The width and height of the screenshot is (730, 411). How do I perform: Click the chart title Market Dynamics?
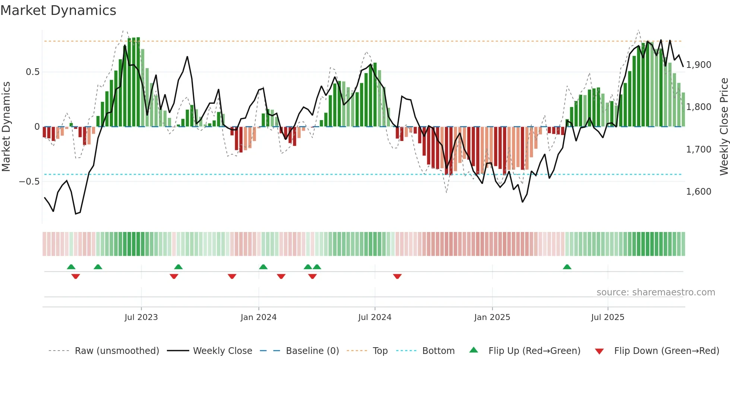coord(58,10)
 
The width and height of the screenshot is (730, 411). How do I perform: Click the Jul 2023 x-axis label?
coord(141,317)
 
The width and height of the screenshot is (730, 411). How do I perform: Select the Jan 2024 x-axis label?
coord(258,317)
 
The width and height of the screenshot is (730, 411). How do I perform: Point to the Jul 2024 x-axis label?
coord(375,317)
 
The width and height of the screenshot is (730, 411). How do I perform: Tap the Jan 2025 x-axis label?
coord(492,317)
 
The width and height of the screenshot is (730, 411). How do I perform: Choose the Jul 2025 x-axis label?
coord(607,317)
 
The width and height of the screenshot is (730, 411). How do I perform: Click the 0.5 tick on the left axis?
coord(32,72)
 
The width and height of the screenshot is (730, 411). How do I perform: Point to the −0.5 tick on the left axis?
coord(29,182)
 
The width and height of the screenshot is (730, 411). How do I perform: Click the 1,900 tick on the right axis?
coord(699,65)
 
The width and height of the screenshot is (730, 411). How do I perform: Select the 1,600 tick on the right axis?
coord(699,192)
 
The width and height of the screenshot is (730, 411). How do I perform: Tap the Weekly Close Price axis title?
coord(724,127)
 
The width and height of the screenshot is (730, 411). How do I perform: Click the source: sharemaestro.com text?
coord(656,292)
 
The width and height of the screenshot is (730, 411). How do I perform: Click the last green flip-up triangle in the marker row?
coord(567,267)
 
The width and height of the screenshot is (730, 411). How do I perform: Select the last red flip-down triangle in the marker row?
coord(397,276)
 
